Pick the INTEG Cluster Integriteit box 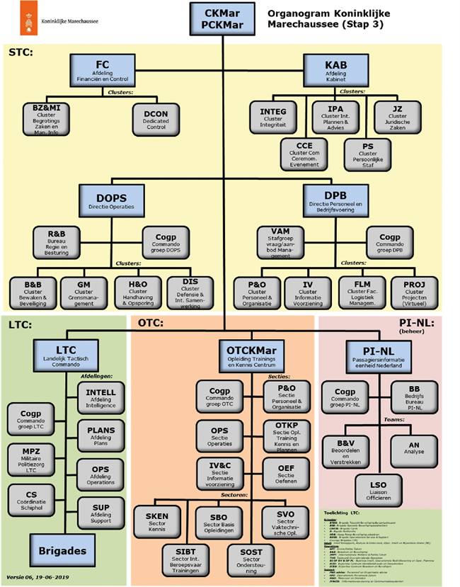[272, 117]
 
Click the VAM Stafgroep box [280, 242]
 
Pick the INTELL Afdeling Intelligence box [100, 397]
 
